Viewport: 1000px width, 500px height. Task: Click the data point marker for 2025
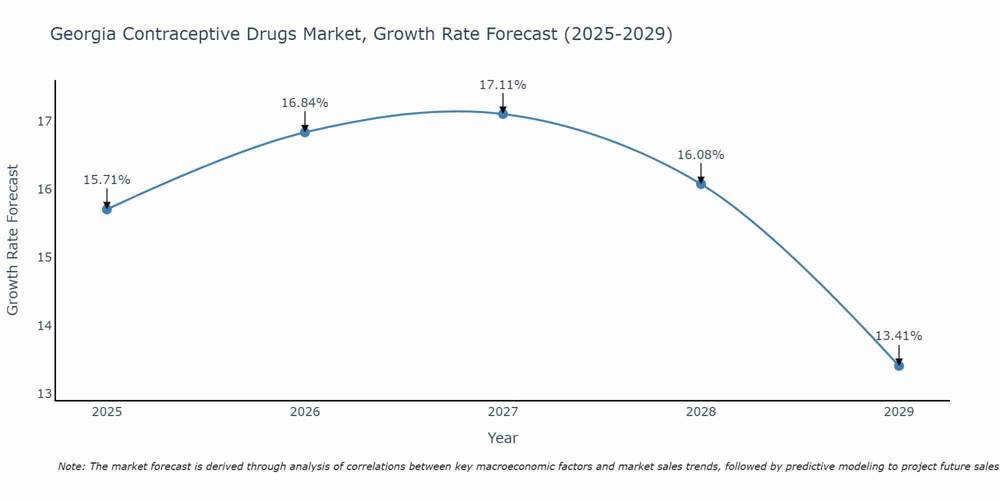pyautogui.click(x=106, y=209)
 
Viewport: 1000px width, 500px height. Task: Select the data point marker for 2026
pyautogui.click(x=304, y=132)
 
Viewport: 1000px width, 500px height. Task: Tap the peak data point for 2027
pyautogui.click(x=502, y=114)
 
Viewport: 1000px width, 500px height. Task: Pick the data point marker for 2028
pyautogui.click(x=700, y=183)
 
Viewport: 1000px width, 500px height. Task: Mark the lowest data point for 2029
pyautogui.click(x=898, y=365)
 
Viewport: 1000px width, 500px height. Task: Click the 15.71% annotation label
pyautogui.click(x=106, y=180)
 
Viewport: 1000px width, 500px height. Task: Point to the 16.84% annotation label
pyautogui.click(x=304, y=103)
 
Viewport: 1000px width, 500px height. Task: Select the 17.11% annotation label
pyautogui.click(x=502, y=85)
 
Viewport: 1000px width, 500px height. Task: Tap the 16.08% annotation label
pyautogui.click(x=700, y=155)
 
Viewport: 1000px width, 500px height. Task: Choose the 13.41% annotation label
pyautogui.click(x=898, y=336)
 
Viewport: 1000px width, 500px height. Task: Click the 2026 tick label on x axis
pyautogui.click(x=305, y=412)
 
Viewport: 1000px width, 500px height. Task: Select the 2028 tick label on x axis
pyautogui.click(x=700, y=412)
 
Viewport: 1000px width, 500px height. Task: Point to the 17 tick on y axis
pyautogui.click(x=45, y=121)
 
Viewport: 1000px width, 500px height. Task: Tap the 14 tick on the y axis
pyautogui.click(x=45, y=326)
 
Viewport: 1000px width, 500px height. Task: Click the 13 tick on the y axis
pyautogui.click(x=45, y=394)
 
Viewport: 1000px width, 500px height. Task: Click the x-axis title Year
pyautogui.click(x=502, y=438)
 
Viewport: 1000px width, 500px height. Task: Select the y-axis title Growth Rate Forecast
pyautogui.click(x=13, y=240)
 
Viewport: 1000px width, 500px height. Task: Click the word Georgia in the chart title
pyautogui.click(x=83, y=34)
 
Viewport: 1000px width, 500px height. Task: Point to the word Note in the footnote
pyautogui.click(x=71, y=466)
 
